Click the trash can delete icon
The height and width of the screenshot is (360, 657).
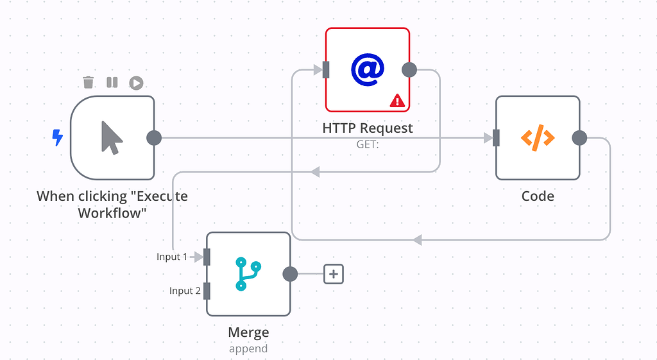(x=89, y=82)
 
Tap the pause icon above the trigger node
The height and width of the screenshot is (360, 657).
(x=112, y=82)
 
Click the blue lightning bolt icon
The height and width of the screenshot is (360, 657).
(x=58, y=137)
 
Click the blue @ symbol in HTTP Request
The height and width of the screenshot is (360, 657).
(x=367, y=69)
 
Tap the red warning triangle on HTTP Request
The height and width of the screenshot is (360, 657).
(x=397, y=100)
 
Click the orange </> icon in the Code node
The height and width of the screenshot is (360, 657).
(x=537, y=137)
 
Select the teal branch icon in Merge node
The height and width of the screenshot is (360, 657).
(x=248, y=274)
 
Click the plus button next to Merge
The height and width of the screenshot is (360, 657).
(x=334, y=274)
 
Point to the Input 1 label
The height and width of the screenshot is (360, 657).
(x=172, y=257)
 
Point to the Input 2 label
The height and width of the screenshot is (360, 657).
(x=185, y=291)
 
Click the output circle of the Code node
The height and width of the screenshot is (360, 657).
(x=579, y=138)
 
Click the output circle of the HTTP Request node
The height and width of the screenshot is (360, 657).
(x=409, y=69)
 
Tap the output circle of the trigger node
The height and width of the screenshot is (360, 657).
(x=154, y=138)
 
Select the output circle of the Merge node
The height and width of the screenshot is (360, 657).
(x=290, y=274)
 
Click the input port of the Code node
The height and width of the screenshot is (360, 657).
(x=496, y=138)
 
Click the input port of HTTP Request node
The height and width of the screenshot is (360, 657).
(x=326, y=69)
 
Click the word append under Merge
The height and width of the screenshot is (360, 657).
(x=248, y=349)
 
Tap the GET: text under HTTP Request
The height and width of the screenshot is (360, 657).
(x=368, y=145)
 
